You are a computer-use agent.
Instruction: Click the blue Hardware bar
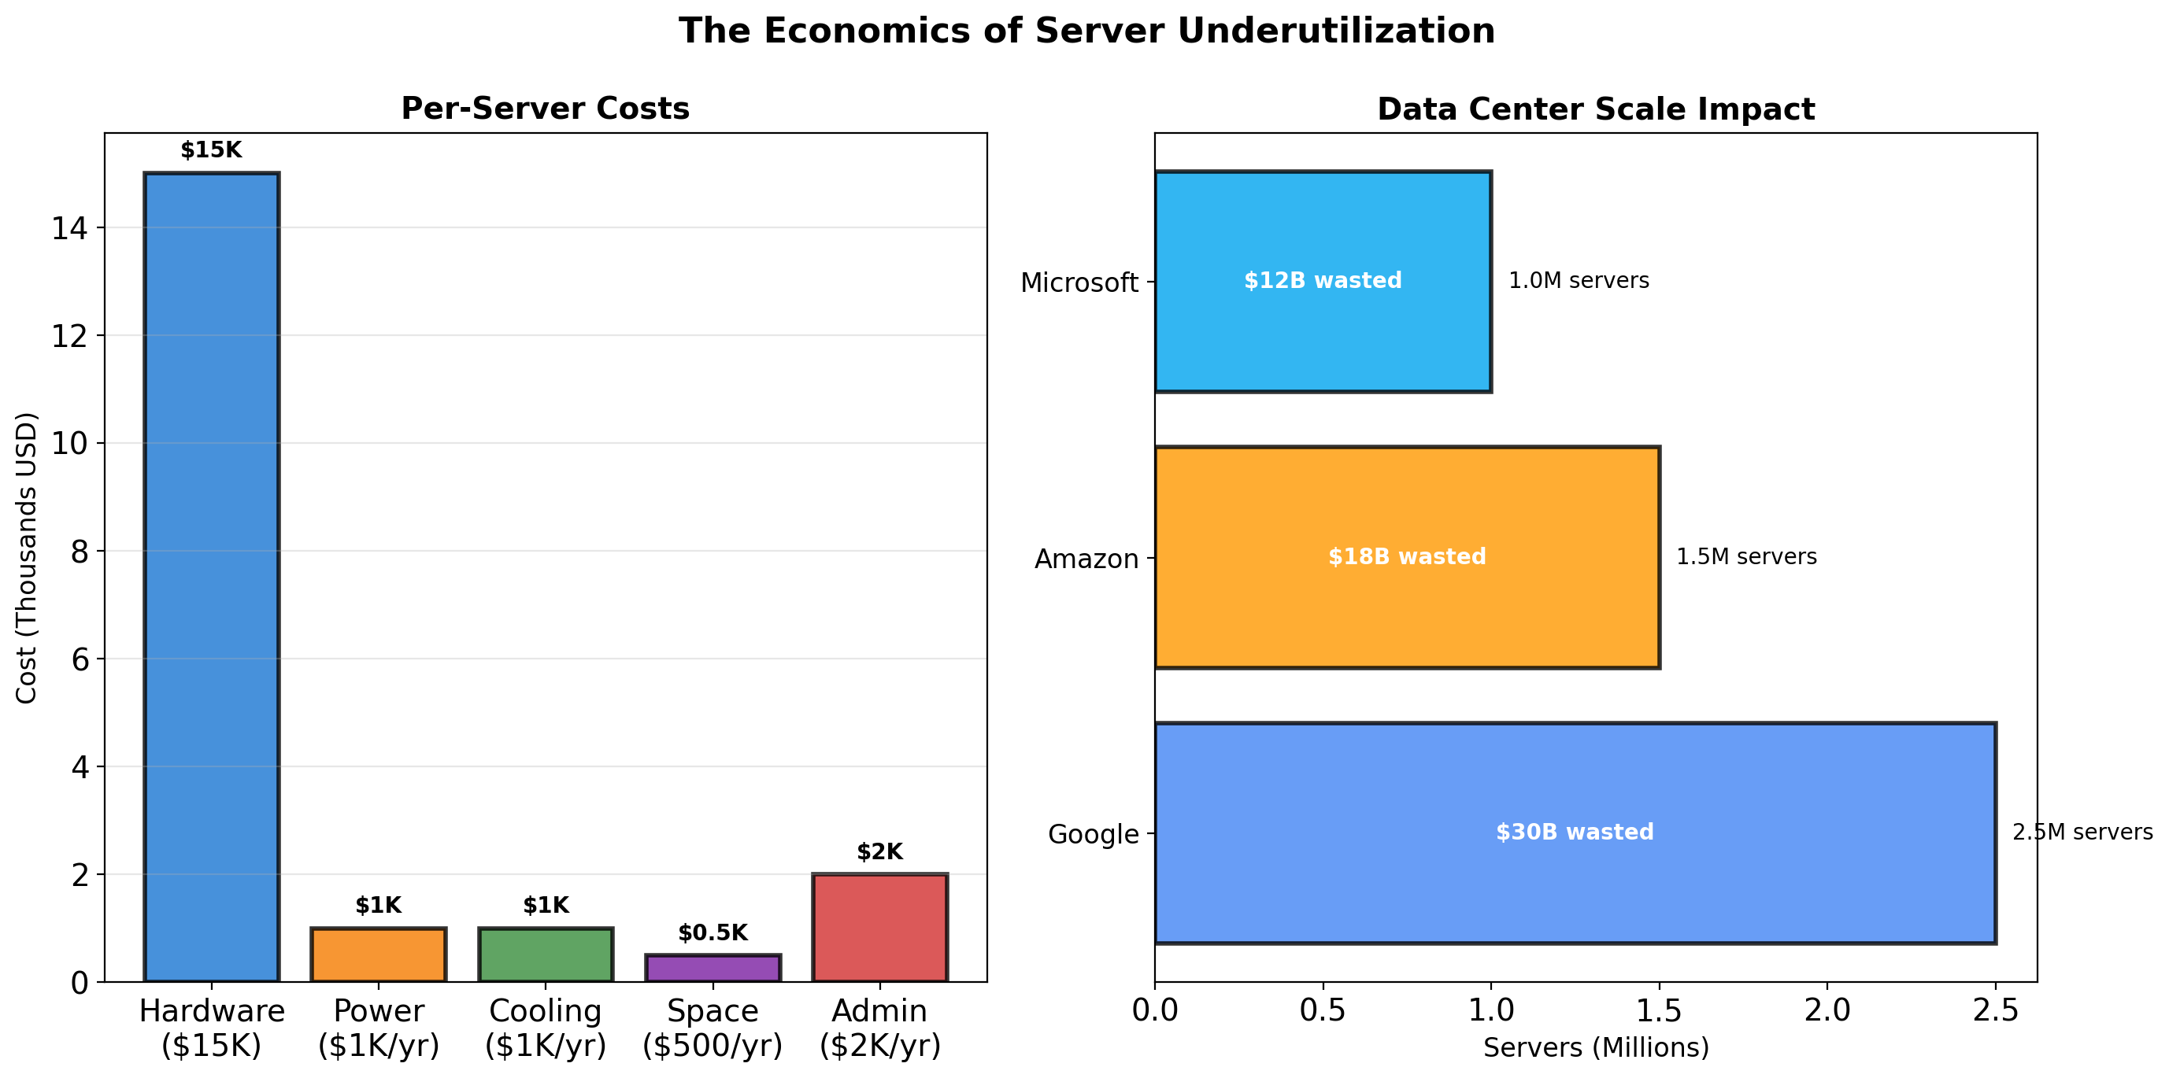[x=211, y=577]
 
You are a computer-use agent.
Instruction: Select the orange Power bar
[x=378, y=954]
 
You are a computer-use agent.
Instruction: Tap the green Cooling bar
[x=546, y=954]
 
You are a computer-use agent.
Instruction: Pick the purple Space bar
[x=713, y=968]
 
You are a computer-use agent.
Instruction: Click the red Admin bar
[x=880, y=928]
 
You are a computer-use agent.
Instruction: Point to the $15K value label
[x=211, y=150]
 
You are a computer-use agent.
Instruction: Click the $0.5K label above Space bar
[x=713, y=932]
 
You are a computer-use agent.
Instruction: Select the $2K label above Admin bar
[x=880, y=851]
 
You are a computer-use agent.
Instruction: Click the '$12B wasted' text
[x=1323, y=280]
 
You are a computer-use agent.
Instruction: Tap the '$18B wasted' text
[x=1407, y=556]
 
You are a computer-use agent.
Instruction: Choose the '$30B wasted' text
[x=1575, y=832]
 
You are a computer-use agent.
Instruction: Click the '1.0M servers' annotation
[x=1579, y=280]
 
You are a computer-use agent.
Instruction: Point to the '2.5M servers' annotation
[x=2082, y=832]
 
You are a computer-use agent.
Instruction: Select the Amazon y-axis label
[x=1086, y=559]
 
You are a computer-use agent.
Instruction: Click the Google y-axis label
[x=1093, y=834]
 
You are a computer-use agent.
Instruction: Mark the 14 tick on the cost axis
[x=70, y=228]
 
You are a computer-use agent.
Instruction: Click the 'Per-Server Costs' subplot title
[x=545, y=109]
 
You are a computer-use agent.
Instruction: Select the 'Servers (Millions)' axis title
[x=1596, y=1047]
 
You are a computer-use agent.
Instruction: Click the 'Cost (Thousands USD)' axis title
[x=27, y=557]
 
